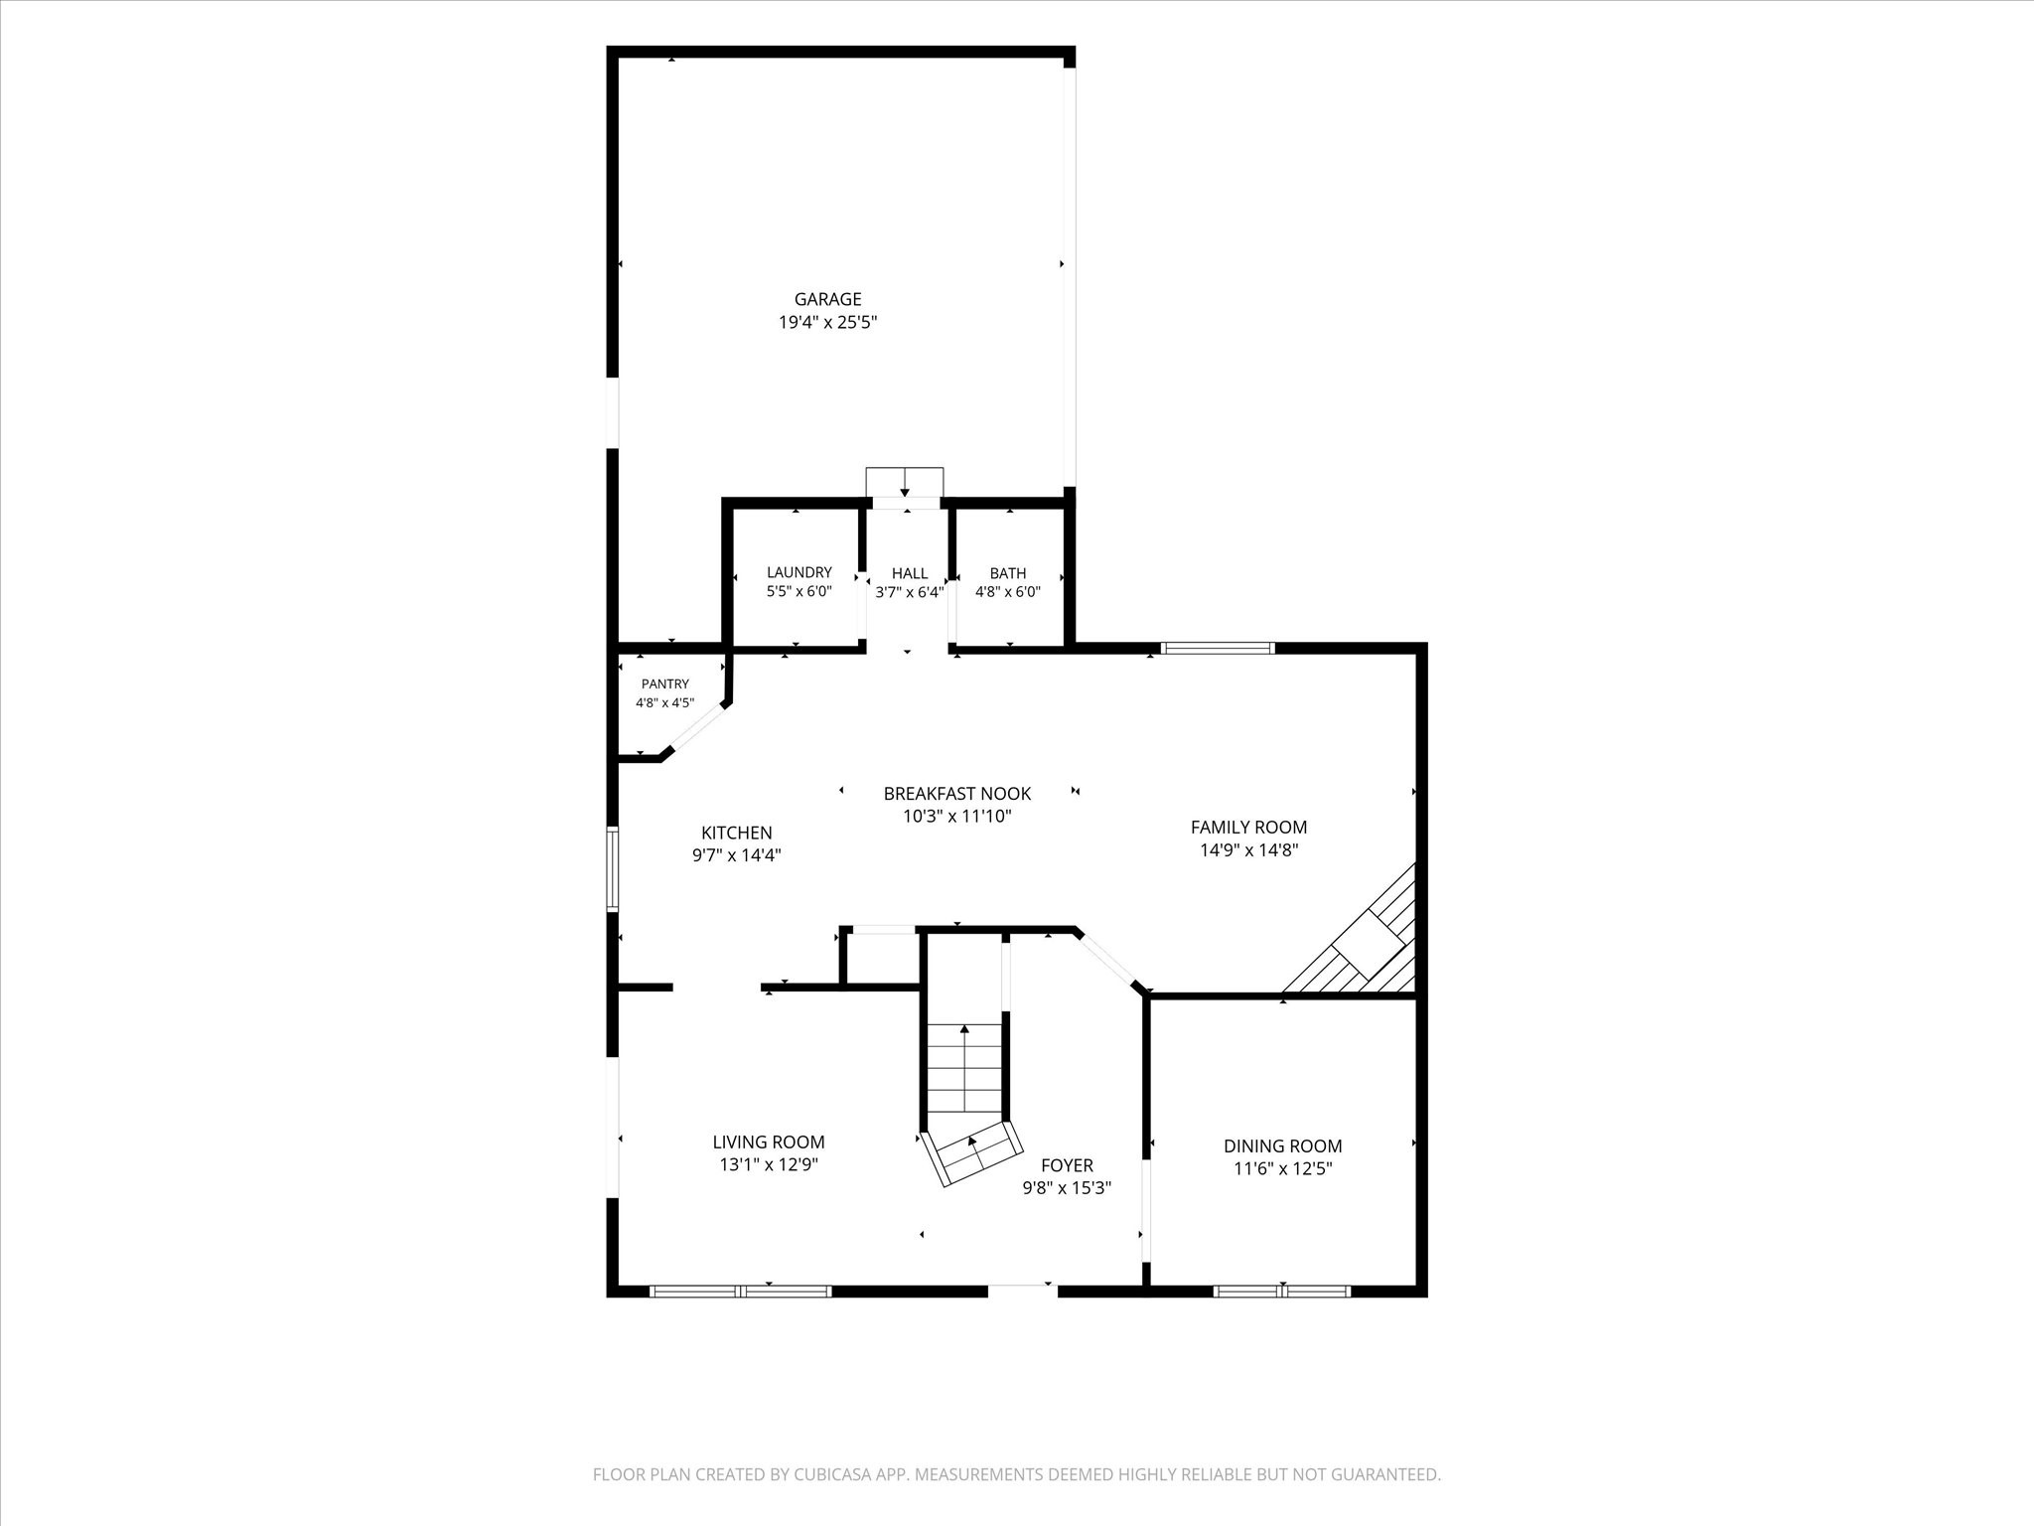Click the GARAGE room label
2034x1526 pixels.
tap(827, 299)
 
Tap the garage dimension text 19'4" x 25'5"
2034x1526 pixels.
tap(827, 322)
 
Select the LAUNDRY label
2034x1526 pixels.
tap(799, 572)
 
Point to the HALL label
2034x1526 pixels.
tap(909, 573)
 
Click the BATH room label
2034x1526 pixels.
tap(1007, 573)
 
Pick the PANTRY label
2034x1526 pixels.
tap(664, 684)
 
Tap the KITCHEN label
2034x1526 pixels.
tap(736, 833)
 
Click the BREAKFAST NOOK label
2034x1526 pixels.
tap(956, 793)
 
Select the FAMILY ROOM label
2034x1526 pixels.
tap(1248, 827)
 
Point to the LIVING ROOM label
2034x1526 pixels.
tap(768, 1143)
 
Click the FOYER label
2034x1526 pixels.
tap(1067, 1165)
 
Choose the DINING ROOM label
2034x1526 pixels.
tap(1282, 1145)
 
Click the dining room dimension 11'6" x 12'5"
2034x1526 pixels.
tap(1282, 1168)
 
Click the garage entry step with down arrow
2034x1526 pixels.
tap(904, 483)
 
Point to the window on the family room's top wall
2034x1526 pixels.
tap(1217, 649)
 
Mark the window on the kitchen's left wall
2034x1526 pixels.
tap(613, 869)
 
